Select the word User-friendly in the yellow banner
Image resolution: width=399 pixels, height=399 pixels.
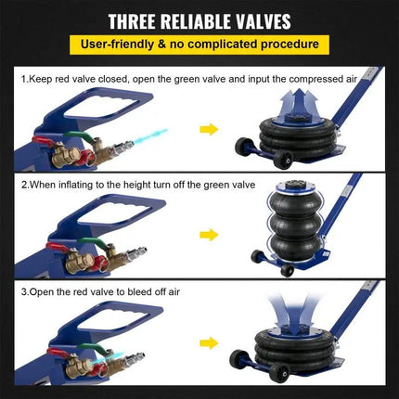coord(117,45)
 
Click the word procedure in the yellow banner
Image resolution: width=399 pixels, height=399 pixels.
coord(290,45)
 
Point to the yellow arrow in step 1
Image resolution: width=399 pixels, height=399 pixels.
coord(209,129)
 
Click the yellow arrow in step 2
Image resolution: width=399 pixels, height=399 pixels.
coord(209,235)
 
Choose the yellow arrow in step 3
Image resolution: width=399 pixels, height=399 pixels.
coord(209,343)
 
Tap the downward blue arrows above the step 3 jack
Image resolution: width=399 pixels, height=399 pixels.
coord(292,313)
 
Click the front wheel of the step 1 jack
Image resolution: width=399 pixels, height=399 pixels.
coord(283,160)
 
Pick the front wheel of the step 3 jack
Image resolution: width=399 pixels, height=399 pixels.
coord(279,373)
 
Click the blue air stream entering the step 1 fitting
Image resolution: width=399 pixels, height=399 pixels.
coord(149,136)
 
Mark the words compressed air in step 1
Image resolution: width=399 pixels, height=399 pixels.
coord(324,80)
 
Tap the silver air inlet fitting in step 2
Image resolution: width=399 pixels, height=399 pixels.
coord(135,252)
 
